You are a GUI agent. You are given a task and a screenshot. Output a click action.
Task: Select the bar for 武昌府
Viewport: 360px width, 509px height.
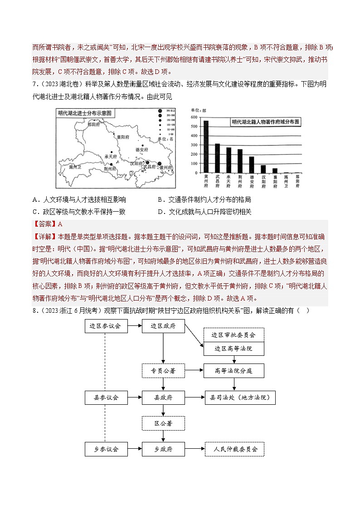[217, 158]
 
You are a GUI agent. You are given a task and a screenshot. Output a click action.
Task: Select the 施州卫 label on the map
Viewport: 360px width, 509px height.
[75, 167]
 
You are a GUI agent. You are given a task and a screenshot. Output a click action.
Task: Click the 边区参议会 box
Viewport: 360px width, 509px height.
[105, 326]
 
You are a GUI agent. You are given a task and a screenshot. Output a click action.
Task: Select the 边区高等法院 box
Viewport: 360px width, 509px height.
[234, 349]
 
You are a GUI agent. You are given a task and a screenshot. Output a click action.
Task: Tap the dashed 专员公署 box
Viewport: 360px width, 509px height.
[163, 371]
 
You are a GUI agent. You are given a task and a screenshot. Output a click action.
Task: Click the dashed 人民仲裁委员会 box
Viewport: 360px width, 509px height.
[234, 449]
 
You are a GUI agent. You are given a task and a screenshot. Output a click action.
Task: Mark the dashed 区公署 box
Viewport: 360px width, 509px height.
[163, 423]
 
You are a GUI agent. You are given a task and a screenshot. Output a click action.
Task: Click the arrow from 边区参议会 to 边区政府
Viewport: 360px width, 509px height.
[134, 326]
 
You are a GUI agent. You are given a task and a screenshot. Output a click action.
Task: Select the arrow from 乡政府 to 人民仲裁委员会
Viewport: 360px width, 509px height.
[195, 449]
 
